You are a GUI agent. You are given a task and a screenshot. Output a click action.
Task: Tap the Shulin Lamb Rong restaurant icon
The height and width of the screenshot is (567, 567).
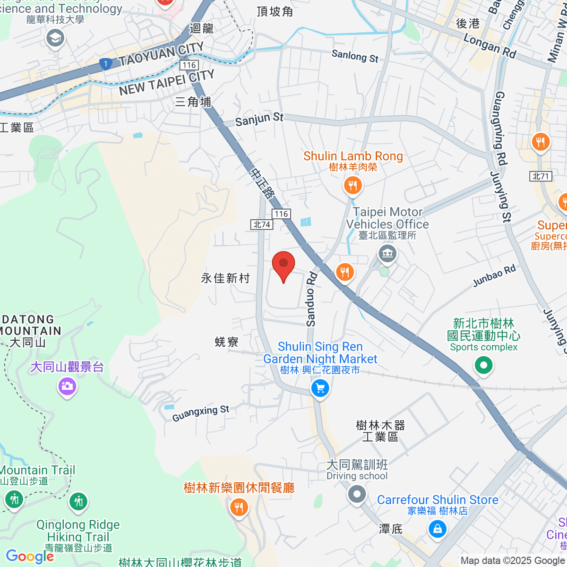[352, 185]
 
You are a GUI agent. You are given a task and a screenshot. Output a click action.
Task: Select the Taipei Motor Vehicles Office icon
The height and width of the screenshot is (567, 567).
[387, 254]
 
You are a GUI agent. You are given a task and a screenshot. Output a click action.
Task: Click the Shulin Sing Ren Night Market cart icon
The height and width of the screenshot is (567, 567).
[320, 389]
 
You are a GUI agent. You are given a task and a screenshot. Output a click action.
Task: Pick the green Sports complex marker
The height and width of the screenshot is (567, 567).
[483, 365]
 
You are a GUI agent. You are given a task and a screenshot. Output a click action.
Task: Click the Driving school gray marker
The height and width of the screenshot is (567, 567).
[357, 495]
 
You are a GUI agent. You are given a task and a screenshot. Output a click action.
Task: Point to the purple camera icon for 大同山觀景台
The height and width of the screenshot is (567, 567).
[67, 387]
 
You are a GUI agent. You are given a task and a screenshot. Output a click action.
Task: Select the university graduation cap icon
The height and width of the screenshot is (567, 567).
[55, 38]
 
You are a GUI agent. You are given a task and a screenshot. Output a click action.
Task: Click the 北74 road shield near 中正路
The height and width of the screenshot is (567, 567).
[261, 224]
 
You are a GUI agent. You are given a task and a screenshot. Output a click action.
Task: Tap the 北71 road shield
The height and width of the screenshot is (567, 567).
[541, 176]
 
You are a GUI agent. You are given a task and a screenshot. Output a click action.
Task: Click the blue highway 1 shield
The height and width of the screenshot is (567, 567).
[105, 64]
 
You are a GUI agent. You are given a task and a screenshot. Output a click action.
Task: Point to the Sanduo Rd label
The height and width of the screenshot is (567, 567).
[311, 299]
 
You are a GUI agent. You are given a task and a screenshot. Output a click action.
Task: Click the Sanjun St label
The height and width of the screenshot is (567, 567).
[259, 119]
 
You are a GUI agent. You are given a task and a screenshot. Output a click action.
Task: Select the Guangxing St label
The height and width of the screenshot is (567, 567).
[200, 413]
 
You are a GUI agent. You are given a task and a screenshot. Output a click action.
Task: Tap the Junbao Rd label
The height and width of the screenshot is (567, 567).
[494, 276]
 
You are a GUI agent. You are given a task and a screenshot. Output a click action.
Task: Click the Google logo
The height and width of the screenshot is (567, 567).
[29, 557]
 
